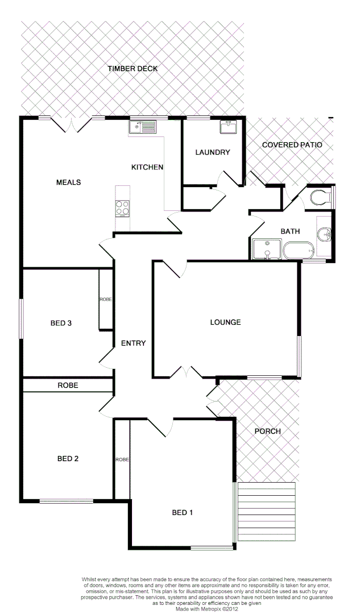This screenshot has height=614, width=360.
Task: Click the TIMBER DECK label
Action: click(x=133, y=69)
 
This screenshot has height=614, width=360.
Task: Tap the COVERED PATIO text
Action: click(x=292, y=145)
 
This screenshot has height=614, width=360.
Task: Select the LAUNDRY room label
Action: click(x=212, y=152)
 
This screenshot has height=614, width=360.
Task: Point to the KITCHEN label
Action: click(x=147, y=167)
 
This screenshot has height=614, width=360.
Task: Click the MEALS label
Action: click(x=68, y=182)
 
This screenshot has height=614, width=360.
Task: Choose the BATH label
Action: click(x=290, y=231)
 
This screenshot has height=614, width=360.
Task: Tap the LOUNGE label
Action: click(x=225, y=322)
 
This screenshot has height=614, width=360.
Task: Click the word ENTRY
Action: click(x=133, y=343)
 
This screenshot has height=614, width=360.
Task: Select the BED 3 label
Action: click(x=61, y=323)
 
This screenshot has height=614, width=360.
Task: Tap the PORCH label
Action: click(x=267, y=432)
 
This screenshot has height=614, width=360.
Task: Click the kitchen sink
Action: click(x=142, y=126)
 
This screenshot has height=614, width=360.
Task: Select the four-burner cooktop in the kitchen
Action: click(x=122, y=209)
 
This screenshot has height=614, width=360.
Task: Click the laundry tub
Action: click(x=229, y=127)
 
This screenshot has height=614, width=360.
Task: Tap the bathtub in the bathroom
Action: click(x=299, y=250)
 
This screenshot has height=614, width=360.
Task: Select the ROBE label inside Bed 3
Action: click(x=106, y=300)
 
